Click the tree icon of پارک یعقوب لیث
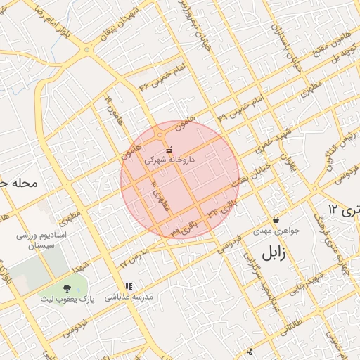pyautogui.click(x=67, y=288)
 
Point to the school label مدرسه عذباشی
pyautogui.click(x=129, y=297)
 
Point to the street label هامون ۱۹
pyautogui.click(x=115, y=111)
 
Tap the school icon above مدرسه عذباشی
pyautogui.click(x=129, y=287)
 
